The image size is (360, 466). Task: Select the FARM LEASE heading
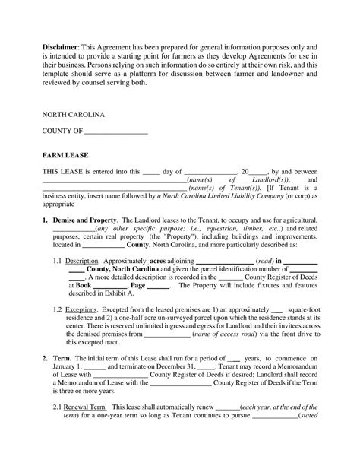tap(65, 154)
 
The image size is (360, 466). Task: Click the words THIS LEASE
tap(63, 173)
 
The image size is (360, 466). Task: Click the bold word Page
tap(138, 285)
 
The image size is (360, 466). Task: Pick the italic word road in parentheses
tap(265, 260)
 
